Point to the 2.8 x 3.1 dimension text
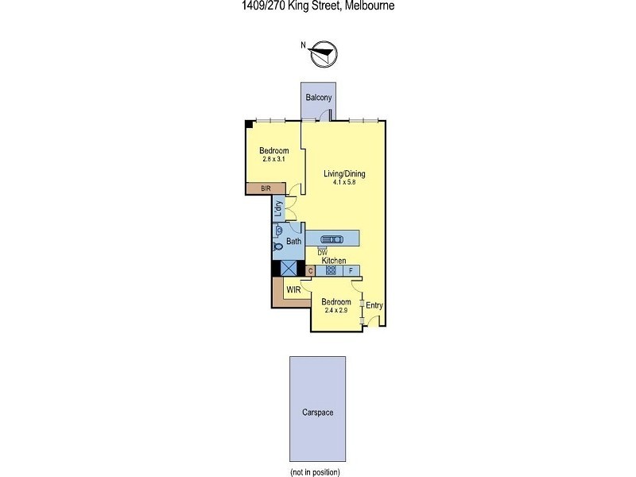273,159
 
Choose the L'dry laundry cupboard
279,209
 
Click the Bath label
293,241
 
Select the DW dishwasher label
322,253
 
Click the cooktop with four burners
331,270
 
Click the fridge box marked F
351,270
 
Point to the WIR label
293,291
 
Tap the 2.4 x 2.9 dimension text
336,310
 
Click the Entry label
374,305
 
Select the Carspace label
317,412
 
